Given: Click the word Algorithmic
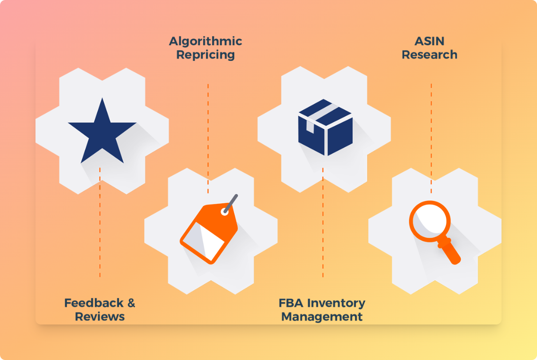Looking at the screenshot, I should [205, 41].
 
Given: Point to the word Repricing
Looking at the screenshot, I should [205, 55].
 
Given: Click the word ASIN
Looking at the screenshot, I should [429, 41].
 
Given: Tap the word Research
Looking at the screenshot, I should [429, 55].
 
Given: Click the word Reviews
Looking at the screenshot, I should [100, 317].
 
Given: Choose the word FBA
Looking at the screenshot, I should [291, 303].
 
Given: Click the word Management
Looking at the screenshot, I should [322, 317].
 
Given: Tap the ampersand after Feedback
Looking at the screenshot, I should [131, 303].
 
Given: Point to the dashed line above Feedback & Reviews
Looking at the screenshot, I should [100, 222].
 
